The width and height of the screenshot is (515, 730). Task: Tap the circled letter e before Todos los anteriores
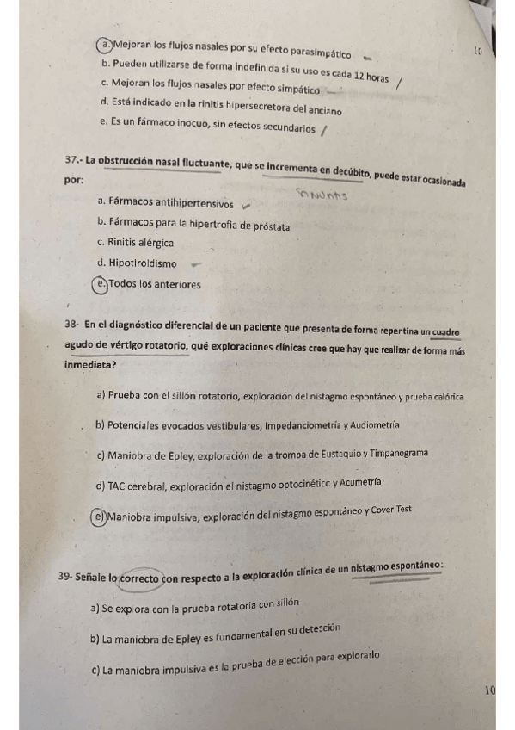coord(103,284)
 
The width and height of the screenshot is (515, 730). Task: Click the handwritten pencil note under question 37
coord(322,194)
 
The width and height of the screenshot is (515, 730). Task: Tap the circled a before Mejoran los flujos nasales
coord(103,45)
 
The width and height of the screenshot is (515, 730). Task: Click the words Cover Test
coord(393,510)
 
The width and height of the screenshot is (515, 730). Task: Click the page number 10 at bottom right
coord(489,690)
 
